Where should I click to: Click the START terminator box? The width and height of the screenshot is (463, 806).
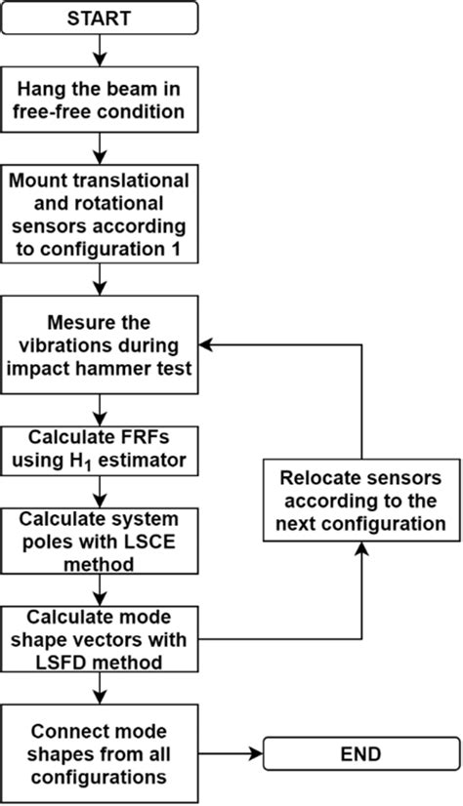click(101, 19)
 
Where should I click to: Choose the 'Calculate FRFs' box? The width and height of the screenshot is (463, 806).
click(101, 448)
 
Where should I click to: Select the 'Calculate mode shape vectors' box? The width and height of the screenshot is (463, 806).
click(101, 639)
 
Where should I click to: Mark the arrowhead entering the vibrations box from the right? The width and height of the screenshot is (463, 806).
click(210, 345)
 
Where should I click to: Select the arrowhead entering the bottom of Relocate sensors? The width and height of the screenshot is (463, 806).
click(361, 549)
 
